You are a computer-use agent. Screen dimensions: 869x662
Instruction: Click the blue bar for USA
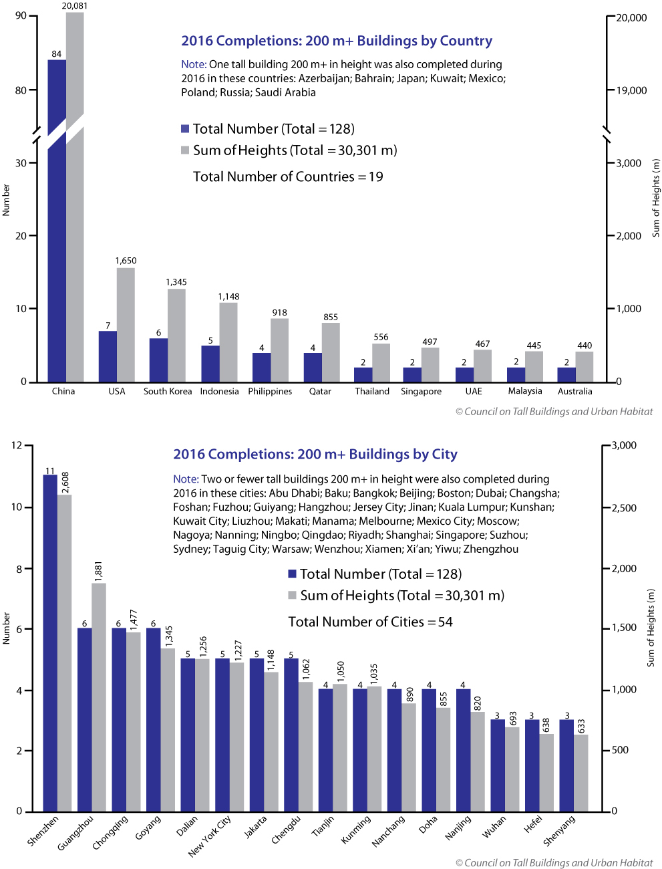pos(108,356)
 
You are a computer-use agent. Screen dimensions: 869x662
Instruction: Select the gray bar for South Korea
pos(176,335)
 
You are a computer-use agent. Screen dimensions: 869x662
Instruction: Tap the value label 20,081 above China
pos(75,6)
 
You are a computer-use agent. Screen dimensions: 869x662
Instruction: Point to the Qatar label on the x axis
pos(320,391)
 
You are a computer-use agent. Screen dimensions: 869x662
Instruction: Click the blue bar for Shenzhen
pos(50,642)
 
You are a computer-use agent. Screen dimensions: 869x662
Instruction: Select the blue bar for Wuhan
pos(498,765)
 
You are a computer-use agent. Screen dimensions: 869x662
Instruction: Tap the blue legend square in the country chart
pos(185,129)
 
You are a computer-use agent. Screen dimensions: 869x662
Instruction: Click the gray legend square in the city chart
pos(292,595)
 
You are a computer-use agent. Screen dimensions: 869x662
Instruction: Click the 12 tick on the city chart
pos(17,445)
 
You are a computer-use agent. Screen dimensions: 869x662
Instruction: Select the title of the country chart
pos(337,41)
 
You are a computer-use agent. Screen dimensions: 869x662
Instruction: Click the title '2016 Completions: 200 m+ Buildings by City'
pos(315,455)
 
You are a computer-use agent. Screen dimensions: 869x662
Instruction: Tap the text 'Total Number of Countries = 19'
pos(288,176)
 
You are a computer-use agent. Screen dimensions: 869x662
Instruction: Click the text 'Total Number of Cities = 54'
pos(370,622)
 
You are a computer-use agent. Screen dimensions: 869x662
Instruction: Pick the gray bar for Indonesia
pos(228,342)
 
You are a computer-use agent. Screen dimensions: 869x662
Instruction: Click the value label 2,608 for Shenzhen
pos(65,483)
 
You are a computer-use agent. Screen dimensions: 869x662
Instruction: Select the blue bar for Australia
pos(566,374)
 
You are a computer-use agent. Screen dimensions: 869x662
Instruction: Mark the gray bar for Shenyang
pos(581,773)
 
